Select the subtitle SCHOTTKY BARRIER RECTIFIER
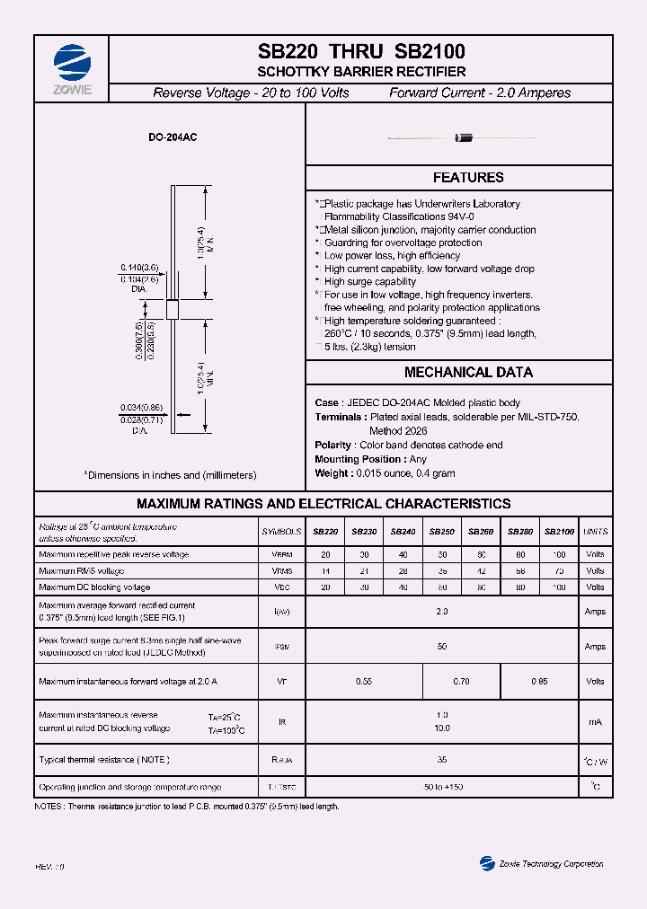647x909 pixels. pyautogui.click(x=361, y=72)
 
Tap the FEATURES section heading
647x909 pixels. pyautogui.click(x=468, y=178)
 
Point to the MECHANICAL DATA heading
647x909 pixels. pyautogui.click(x=468, y=372)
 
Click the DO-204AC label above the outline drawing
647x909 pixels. pyautogui.click(x=173, y=138)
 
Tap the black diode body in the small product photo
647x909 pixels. pyautogui.click(x=465, y=137)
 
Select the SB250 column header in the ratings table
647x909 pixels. pyautogui.click(x=442, y=532)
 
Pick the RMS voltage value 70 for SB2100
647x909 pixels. pyautogui.click(x=560, y=570)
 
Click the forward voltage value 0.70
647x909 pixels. pyautogui.click(x=461, y=682)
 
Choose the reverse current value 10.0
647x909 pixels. pyautogui.click(x=442, y=728)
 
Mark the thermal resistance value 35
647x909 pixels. pyautogui.click(x=442, y=760)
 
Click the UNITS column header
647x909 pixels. pyautogui.click(x=595, y=532)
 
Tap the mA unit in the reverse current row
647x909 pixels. pyautogui.click(x=595, y=721)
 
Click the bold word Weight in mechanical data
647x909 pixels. pyautogui.click(x=332, y=472)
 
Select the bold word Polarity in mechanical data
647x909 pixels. pyautogui.click(x=333, y=446)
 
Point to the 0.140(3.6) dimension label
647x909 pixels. pyautogui.click(x=139, y=268)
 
